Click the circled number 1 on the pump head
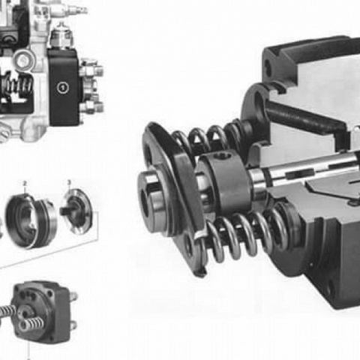[63, 87]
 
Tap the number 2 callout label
[25, 183]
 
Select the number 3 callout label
[69, 182]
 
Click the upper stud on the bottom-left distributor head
[73, 295]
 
